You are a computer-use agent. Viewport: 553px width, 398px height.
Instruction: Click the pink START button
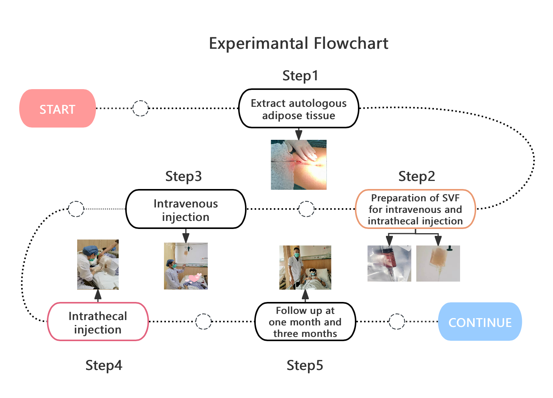point(58,109)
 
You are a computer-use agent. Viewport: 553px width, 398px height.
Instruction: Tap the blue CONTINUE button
point(480,322)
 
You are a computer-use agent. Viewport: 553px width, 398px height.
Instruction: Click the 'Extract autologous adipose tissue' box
point(298,109)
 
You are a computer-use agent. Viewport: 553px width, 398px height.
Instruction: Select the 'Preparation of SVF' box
point(415,209)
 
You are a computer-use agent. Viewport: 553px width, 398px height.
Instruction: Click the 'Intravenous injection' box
point(185,209)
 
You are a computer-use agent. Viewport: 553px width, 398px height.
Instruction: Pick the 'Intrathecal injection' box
point(98,322)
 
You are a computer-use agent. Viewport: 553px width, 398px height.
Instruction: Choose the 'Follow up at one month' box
point(305,322)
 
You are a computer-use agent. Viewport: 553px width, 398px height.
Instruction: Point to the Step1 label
point(300,76)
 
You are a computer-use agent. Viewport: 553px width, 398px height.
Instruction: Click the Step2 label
point(417,176)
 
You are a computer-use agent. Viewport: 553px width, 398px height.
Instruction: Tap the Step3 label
point(183,176)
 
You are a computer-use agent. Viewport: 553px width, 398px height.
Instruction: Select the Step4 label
point(104,365)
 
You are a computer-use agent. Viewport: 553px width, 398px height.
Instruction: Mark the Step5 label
point(305,365)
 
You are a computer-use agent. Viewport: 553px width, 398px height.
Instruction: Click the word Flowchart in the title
point(351,43)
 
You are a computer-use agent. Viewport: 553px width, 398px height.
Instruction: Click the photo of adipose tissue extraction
point(298,165)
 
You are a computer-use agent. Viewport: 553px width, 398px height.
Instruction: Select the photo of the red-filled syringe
point(389,264)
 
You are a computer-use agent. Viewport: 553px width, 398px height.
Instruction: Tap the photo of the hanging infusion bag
point(438,264)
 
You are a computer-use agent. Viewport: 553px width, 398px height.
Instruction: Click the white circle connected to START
point(141,108)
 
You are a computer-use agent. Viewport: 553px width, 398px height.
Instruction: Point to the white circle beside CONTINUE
point(397,322)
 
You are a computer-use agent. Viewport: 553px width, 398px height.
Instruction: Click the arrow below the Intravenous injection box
point(185,235)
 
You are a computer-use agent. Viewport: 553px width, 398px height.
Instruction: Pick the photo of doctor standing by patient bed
point(305,267)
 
